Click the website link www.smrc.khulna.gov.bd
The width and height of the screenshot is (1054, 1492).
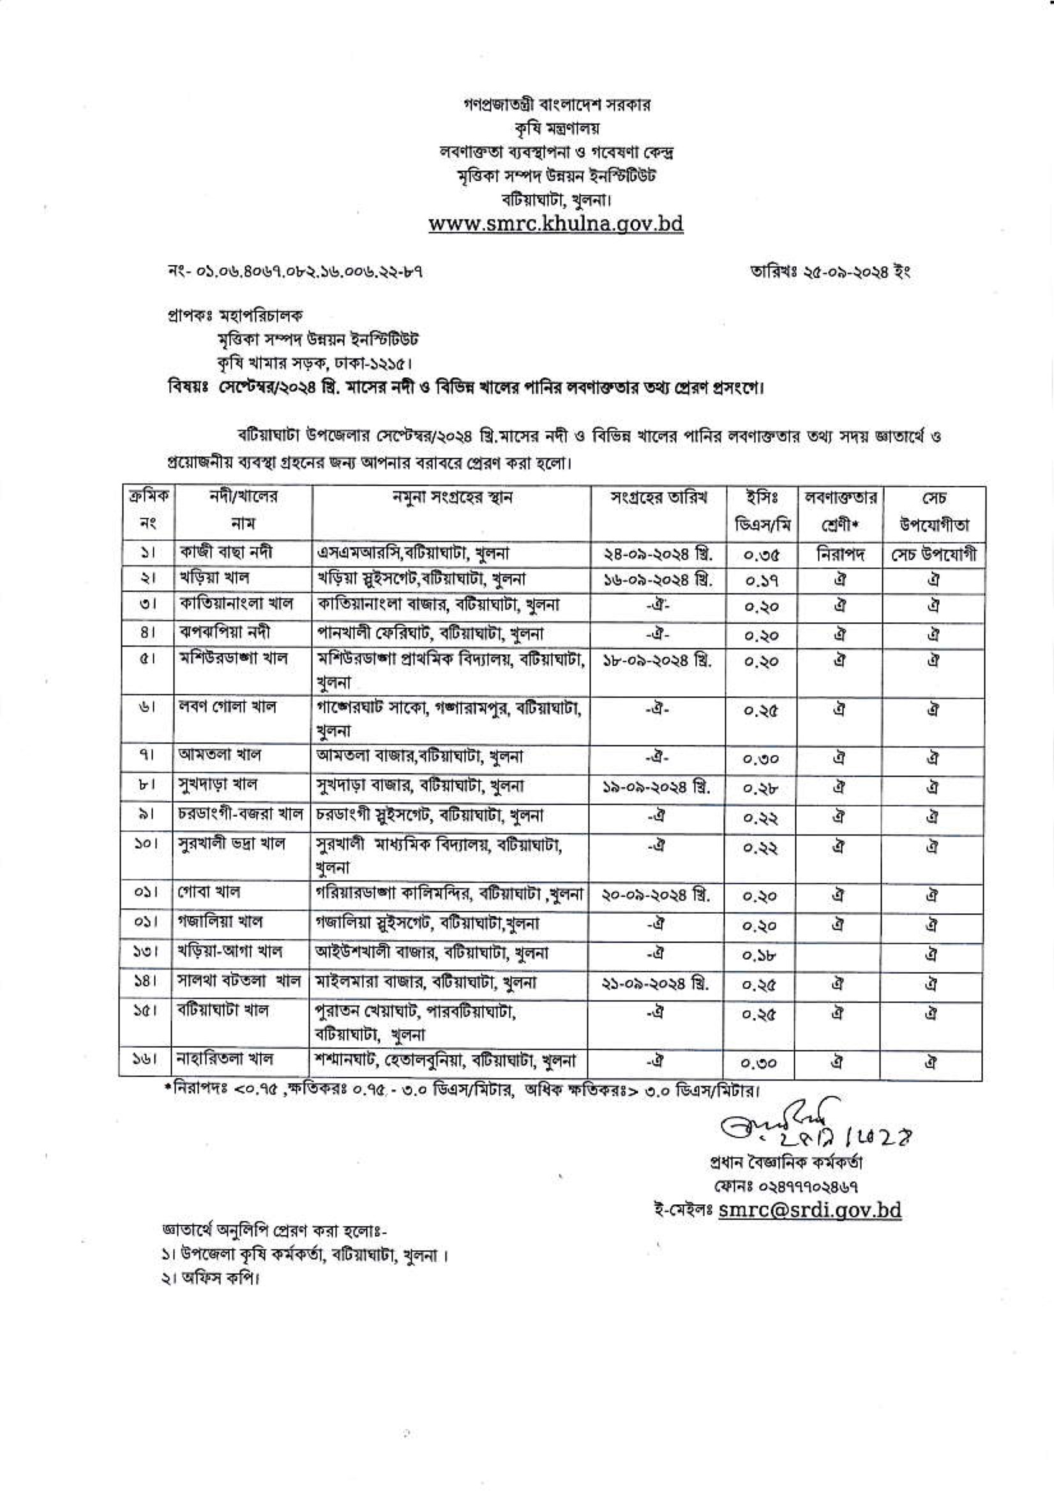coord(556,223)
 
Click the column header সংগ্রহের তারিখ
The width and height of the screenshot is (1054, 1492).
coord(659,498)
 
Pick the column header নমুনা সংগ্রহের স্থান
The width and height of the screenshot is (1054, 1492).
coord(451,498)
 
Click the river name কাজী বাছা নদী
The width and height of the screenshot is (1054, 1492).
coord(225,553)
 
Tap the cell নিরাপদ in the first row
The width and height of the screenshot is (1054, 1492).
coord(839,554)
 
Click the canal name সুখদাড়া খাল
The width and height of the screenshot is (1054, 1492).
coord(218,785)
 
